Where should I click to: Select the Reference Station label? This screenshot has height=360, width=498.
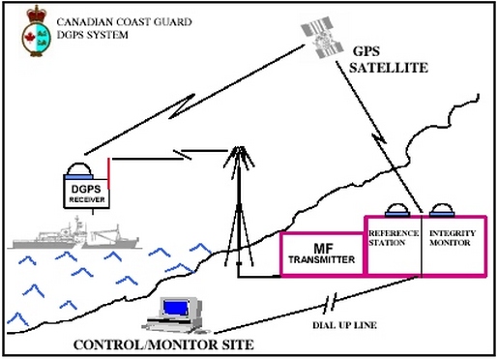point(392,239)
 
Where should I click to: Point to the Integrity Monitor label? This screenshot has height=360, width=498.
point(452,239)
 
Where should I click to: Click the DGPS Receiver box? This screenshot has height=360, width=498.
point(86,190)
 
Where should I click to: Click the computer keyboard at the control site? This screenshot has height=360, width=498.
point(173,325)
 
